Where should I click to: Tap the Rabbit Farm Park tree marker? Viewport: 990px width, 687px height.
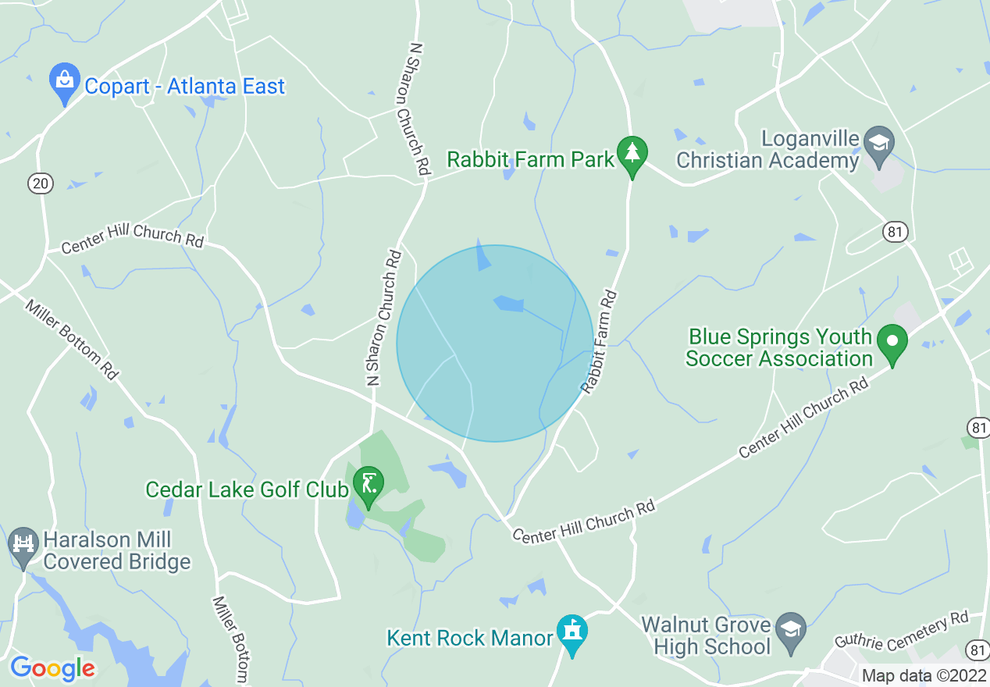click(632, 154)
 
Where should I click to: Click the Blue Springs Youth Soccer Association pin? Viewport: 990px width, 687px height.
click(892, 343)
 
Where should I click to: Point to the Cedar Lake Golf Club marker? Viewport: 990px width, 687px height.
click(368, 484)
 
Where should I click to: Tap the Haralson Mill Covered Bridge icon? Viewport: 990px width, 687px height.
click(23, 544)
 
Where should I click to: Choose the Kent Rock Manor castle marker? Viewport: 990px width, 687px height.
click(572, 632)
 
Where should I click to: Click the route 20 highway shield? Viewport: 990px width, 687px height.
click(41, 183)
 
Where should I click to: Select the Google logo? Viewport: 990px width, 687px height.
click(52, 668)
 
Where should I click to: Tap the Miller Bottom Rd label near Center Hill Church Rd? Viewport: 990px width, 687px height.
click(72, 340)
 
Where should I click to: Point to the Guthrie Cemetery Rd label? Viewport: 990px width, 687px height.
click(901, 630)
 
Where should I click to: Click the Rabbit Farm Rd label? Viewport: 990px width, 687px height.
click(599, 342)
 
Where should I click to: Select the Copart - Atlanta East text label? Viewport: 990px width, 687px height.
click(184, 86)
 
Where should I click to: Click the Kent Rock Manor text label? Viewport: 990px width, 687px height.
click(470, 638)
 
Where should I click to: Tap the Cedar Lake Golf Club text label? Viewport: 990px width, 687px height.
click(247, 489)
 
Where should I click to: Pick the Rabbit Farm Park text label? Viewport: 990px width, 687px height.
click(531, 160)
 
